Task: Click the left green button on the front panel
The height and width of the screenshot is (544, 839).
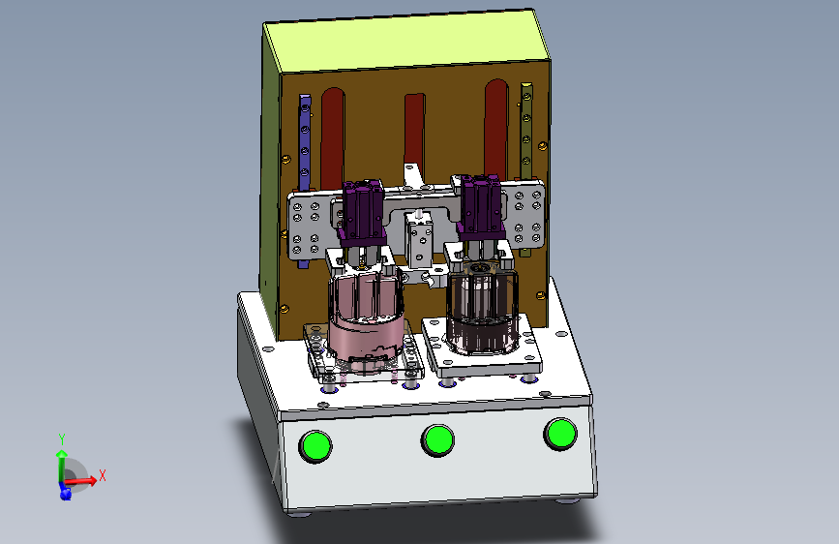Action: click(x=315, y=446)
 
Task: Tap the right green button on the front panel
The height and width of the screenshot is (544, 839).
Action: click(x=560, y=433)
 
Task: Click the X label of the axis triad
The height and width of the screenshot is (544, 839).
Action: click(x=103, y=475)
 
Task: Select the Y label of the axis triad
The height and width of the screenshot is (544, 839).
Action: click(x=62, y=439)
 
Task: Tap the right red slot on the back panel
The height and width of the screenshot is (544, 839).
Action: click(x=496, y=129)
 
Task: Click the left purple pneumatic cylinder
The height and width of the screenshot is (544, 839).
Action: click(x=362, y=210)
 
